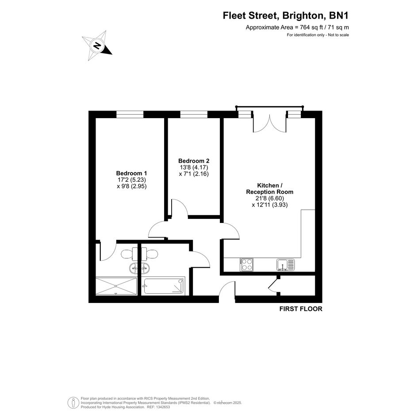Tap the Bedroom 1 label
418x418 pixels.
tap(131, 173)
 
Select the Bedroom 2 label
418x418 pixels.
tap(194, 161)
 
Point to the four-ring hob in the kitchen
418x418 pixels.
tap(246, 265)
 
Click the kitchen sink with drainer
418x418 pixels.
tap(286, 265)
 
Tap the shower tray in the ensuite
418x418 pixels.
tap(116, 286)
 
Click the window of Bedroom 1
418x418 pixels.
tap(130, 115)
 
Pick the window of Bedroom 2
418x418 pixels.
tap(194, 115)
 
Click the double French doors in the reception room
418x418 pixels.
tap(269, 123)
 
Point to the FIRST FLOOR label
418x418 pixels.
tap(301, 309)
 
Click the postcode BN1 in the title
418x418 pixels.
tap(339, 16)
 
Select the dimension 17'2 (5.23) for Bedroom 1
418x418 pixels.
tap(132, 180)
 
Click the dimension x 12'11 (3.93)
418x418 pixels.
tap(270, 205)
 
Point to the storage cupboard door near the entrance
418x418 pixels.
tap(273, 284)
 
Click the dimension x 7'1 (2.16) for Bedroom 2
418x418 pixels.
tap(194, 174)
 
